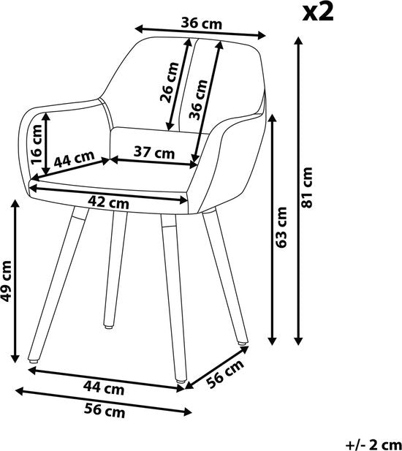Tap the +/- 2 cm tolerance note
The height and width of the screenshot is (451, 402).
372,443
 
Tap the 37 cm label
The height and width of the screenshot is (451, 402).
155,152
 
